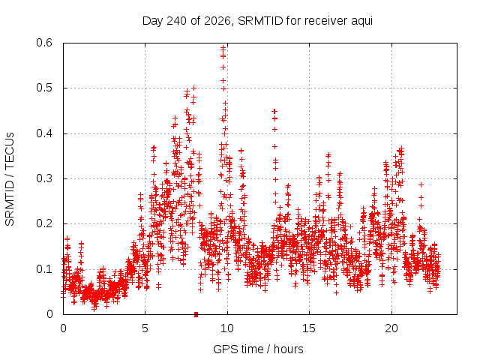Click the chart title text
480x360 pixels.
(x=257, y=21)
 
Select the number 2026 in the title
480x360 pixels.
(x=217, y=21)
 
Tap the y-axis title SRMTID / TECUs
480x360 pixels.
(x=10, y=179)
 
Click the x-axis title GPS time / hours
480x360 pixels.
(x=258, y=349)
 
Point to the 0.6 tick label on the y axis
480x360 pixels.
(x=44, y=43)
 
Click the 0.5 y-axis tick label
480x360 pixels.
(x=44, y=88)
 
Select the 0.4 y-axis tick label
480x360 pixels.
(x=44, y=133)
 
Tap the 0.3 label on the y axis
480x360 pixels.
(x=44, y=178)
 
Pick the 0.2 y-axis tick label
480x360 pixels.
(x=44, y=223)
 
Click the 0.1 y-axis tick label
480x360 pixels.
(x=44, y=269)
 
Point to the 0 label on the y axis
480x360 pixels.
(x=49, y=314)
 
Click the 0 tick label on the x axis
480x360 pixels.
(x=63, y=328)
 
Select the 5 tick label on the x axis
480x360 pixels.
(x=145, y=328)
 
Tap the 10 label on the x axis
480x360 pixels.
(x=227, y=328)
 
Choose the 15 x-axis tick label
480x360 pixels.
(x=309, y=328)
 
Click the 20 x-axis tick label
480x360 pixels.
(x=391, y=328)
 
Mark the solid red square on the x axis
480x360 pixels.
(x=196, y=314)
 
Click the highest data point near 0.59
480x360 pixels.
(x=223, y=47)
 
